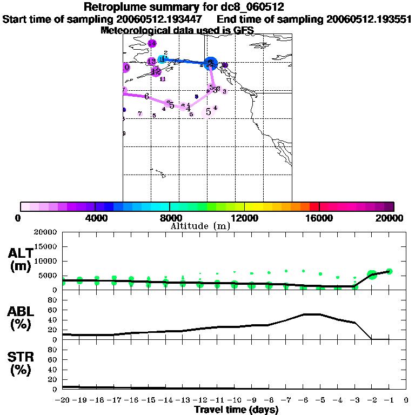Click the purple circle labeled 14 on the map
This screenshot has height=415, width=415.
click(x=152, y=43)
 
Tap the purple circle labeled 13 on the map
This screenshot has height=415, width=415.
click(x=152, y=62)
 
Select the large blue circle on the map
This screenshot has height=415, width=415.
click(x=211, y=64)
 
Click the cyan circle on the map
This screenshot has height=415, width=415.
click(x=162, y=59)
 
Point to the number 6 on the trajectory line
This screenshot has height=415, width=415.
click(x=146, y=96)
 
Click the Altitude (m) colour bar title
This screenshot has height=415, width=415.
click(x=200, y=226)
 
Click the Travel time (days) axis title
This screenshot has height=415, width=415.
click(x=236, y=410)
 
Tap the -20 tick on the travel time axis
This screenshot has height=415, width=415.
click(x=63, y=401)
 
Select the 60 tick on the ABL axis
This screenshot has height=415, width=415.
click(x=53, y=310)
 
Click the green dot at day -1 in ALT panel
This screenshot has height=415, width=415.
click(x=389, y=271)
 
